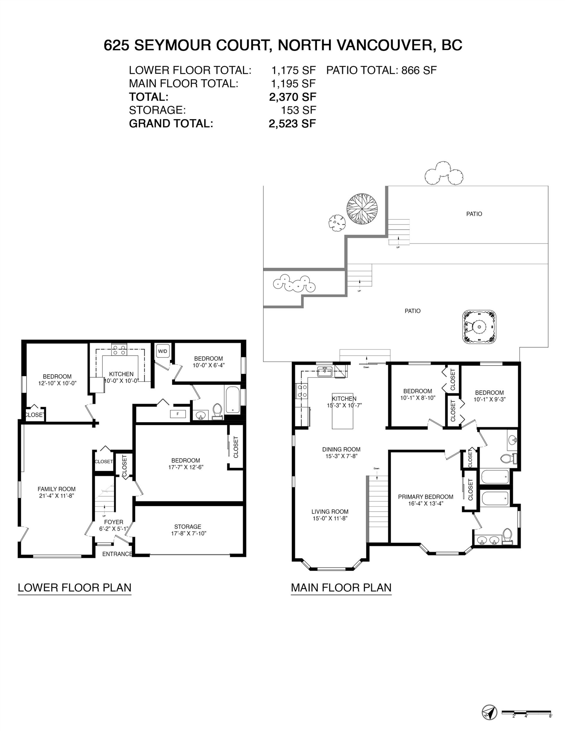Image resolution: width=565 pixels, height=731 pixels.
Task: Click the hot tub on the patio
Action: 479,327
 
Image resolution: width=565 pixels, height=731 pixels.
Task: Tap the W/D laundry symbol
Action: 163,351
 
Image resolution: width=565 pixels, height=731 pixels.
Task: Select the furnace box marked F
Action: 178,414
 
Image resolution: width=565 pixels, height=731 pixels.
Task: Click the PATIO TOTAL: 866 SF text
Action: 381,70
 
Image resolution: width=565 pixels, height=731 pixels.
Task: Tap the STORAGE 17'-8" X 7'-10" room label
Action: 188,530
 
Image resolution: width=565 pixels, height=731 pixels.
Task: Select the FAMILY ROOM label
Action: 56,489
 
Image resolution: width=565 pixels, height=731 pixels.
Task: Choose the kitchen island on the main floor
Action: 342,411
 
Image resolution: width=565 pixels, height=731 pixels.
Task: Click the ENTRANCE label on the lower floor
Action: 117,554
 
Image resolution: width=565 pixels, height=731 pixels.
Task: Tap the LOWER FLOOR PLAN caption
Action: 74,587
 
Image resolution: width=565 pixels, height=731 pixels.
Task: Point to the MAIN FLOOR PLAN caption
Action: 341,587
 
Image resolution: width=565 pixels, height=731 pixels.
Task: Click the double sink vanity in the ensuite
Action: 488,540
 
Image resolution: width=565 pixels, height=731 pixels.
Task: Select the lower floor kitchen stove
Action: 119,350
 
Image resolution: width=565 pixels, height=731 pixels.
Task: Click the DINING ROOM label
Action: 341,449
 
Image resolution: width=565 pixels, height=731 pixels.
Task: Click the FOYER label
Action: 114,522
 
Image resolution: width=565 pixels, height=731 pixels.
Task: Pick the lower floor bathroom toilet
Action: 217,411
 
